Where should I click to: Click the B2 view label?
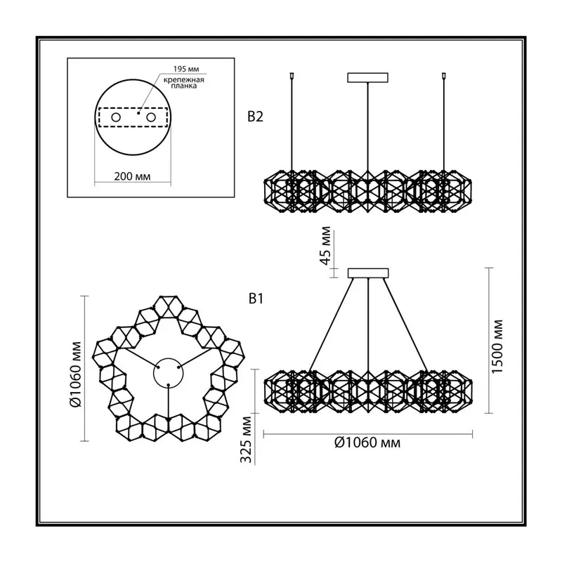[x=255, y=117]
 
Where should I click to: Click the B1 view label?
[x=256, y=299]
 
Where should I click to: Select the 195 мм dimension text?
[x=186, y=69]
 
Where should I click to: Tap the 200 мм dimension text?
[x=132, y=176]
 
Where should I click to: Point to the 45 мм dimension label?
[x=326, y=245]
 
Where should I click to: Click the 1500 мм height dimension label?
[x=497, y=346]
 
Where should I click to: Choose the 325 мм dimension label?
[x=246, y=440]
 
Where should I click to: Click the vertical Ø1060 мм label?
[x=76, y=374]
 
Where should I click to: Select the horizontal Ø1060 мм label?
[x=367, y=443]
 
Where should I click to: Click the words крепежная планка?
[x=184, y=83]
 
